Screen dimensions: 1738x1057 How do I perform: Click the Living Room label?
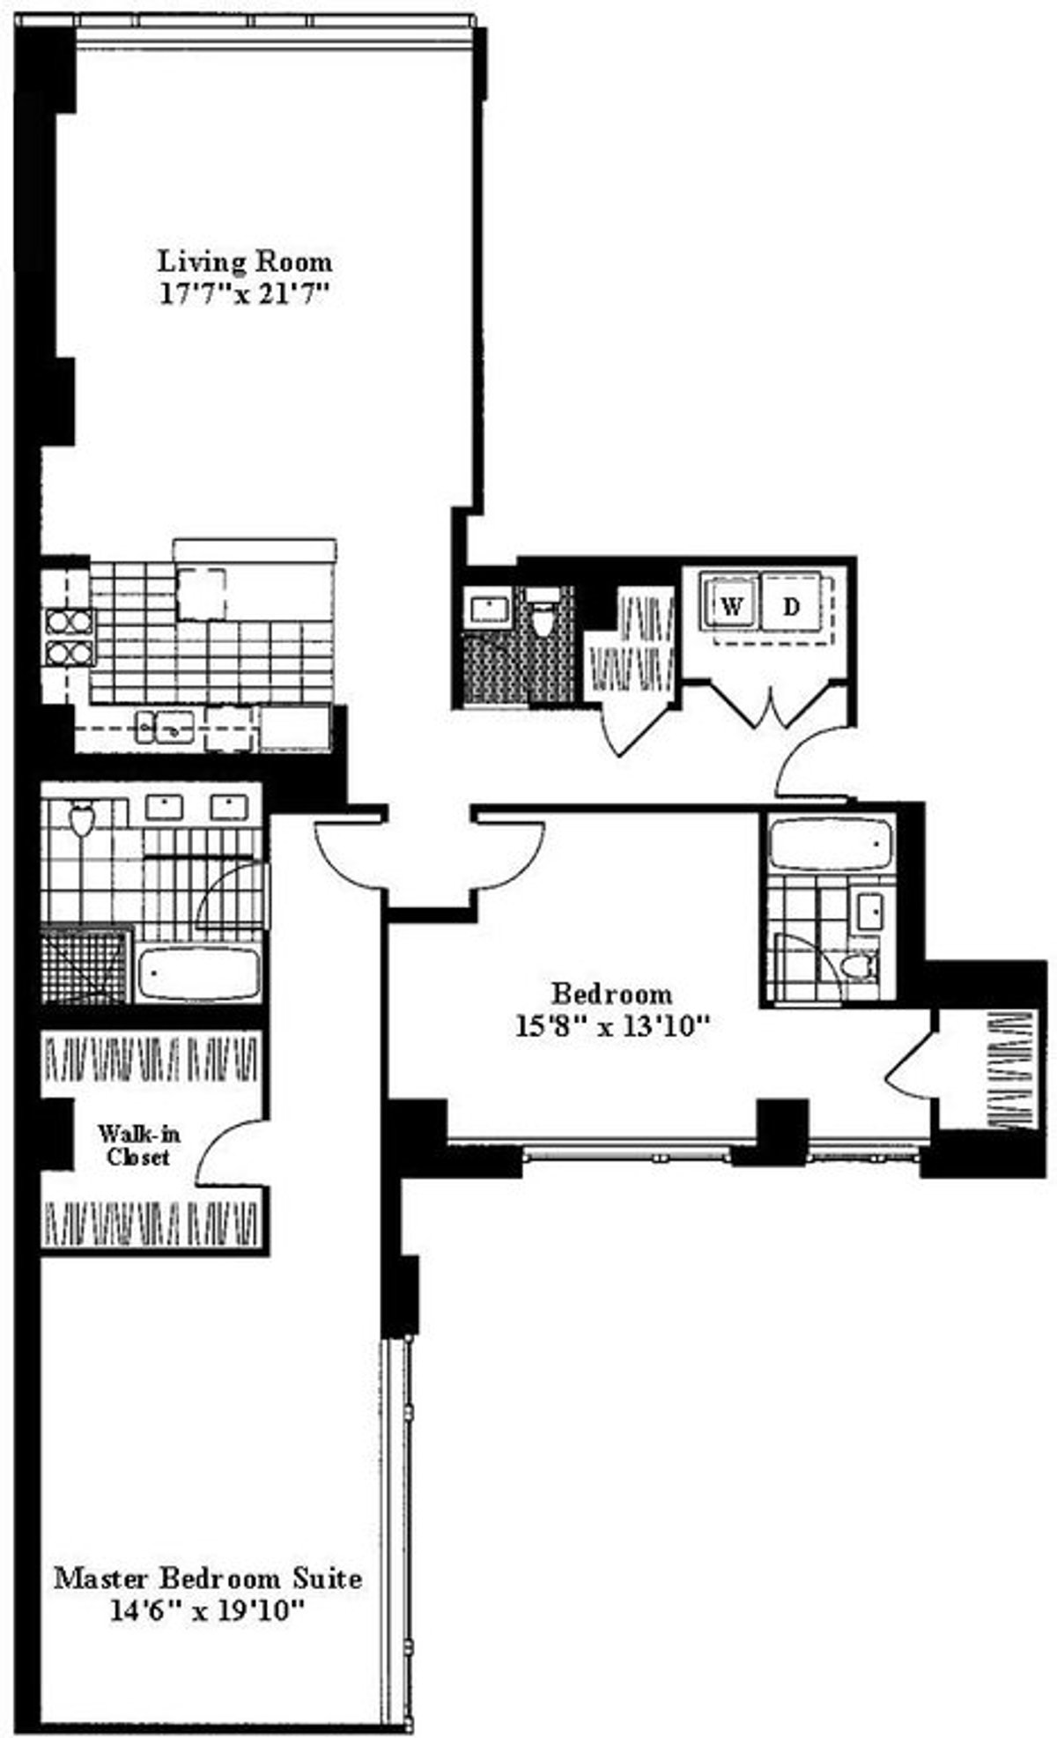point(245,262)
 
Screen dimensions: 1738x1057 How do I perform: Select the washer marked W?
point(730,606)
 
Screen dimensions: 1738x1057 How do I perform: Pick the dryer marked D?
point(792,606)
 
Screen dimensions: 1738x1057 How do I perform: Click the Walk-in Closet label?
point(137,1144)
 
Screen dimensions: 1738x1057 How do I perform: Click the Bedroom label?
point(611,994)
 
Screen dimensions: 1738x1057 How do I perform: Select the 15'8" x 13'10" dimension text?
point(612,1026)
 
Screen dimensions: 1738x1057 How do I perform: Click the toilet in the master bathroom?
point(81,819)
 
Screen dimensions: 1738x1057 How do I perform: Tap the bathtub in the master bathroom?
point(199,973)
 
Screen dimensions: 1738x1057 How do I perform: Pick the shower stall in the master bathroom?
point(85,965)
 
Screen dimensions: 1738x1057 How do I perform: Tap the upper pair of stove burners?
point(69,622)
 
